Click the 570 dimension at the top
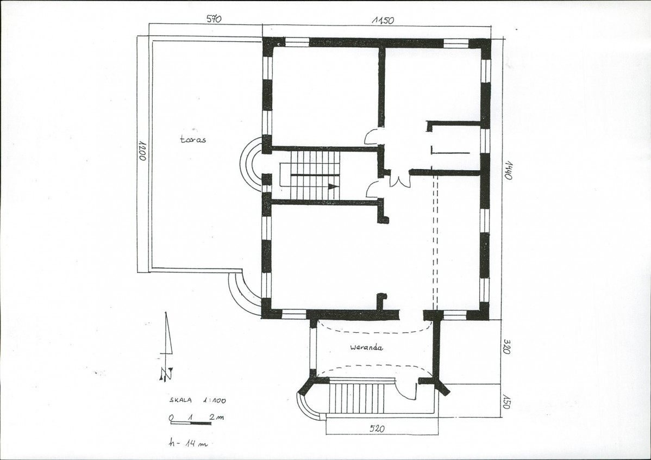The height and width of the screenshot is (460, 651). (214, 18)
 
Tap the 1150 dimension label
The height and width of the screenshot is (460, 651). (383, 20)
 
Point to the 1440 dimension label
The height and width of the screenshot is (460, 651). (508, 170)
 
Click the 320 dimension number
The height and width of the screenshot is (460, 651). (506, 346)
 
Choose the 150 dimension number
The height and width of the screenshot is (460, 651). (505, 401)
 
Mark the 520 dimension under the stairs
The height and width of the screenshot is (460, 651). (377, 428)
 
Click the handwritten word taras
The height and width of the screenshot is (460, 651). (193, 139)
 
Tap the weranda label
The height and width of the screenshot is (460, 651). (366, 347)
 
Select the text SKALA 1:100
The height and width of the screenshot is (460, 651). (198, 401)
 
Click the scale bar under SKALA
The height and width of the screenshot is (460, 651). (190, 423)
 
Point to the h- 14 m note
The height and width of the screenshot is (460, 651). (187, 443)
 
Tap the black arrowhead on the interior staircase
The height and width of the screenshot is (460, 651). (333, 187)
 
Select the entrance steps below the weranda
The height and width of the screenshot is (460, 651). (357, 398)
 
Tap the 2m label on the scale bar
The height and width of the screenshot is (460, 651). (217, 417)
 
